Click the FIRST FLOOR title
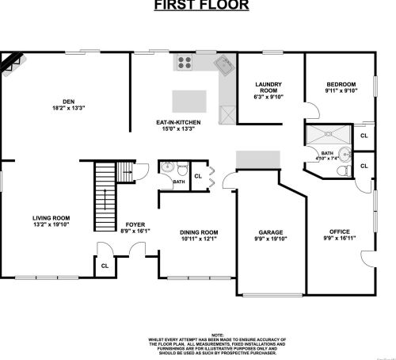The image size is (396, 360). (x=200, y=6)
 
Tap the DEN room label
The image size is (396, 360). (x=68, y=101)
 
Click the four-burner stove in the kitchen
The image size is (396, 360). (x=186, y=61)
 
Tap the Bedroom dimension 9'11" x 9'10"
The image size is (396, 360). (x=341, y=90)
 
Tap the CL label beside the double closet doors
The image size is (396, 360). (x=198, y=175)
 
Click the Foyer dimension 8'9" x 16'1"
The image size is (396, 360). (x=134, y=232)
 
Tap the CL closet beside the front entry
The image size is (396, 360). (x=104, y=266)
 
